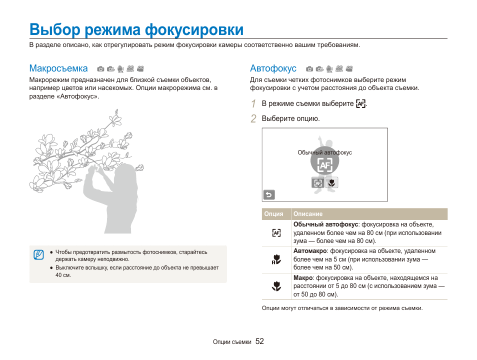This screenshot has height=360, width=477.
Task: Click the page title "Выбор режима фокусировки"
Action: tap(136, 29)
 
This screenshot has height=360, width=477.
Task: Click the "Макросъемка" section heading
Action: tap(58, 68)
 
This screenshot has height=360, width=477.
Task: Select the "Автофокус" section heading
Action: tap(273, 68)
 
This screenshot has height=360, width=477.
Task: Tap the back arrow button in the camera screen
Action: tap(269, 195)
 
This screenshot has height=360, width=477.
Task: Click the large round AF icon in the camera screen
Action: tap(324, 164)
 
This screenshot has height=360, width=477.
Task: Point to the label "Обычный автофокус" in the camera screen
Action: tap(324, 152)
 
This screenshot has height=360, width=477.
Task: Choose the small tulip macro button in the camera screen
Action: tap(331, 182)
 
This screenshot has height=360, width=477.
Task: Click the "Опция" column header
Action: tap(274, 214)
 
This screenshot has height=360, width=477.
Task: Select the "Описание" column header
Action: tap(308, 214)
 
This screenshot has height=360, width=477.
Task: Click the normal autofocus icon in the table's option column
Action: tap(276, 232)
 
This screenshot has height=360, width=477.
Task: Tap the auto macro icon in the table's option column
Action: tap(276, 259)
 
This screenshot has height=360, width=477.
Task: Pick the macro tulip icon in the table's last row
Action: tap(276, 286)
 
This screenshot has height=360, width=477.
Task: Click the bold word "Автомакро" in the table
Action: tap(310, 251)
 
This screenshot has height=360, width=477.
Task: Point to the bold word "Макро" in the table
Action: tap(303, 278)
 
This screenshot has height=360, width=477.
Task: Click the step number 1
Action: tap(253, 104)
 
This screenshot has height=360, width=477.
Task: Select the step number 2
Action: tap(253, 119)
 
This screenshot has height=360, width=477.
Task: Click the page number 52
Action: tap(259, 341)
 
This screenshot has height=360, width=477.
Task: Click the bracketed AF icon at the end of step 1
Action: tap(361, 104)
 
